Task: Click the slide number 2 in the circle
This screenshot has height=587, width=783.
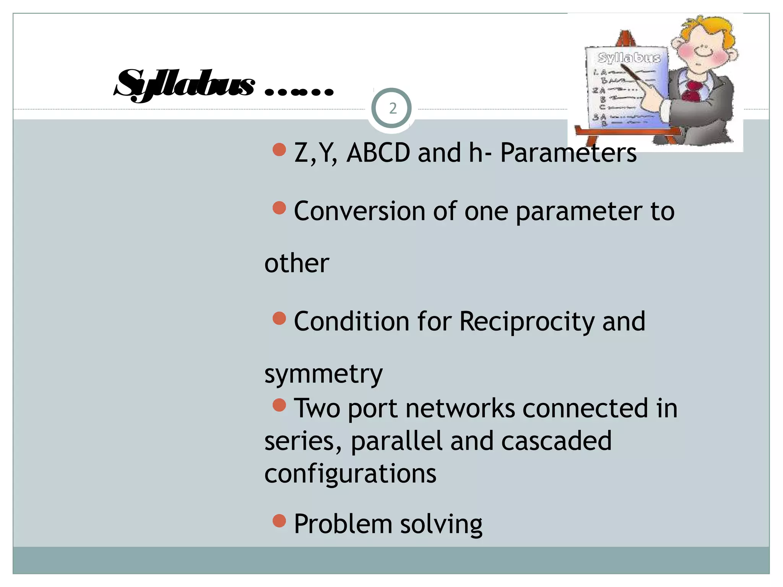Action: point(392,109)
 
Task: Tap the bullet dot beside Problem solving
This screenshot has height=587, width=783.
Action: point(279,521)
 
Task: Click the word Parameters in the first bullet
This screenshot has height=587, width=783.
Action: point(568,153)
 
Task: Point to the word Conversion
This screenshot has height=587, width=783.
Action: point(359,211)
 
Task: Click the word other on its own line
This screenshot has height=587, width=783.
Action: point(297,263)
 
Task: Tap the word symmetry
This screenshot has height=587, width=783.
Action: point(323,374)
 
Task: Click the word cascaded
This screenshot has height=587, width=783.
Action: point(556,441)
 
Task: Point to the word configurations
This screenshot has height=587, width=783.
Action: point(350,474)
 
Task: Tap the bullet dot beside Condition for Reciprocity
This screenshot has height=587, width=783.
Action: point(279,318)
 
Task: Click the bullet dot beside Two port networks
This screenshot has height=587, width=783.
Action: point(279,405)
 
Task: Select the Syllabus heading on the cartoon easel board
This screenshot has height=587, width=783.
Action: point(629,58)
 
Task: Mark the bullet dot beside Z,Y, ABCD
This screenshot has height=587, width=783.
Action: point(279,149)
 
